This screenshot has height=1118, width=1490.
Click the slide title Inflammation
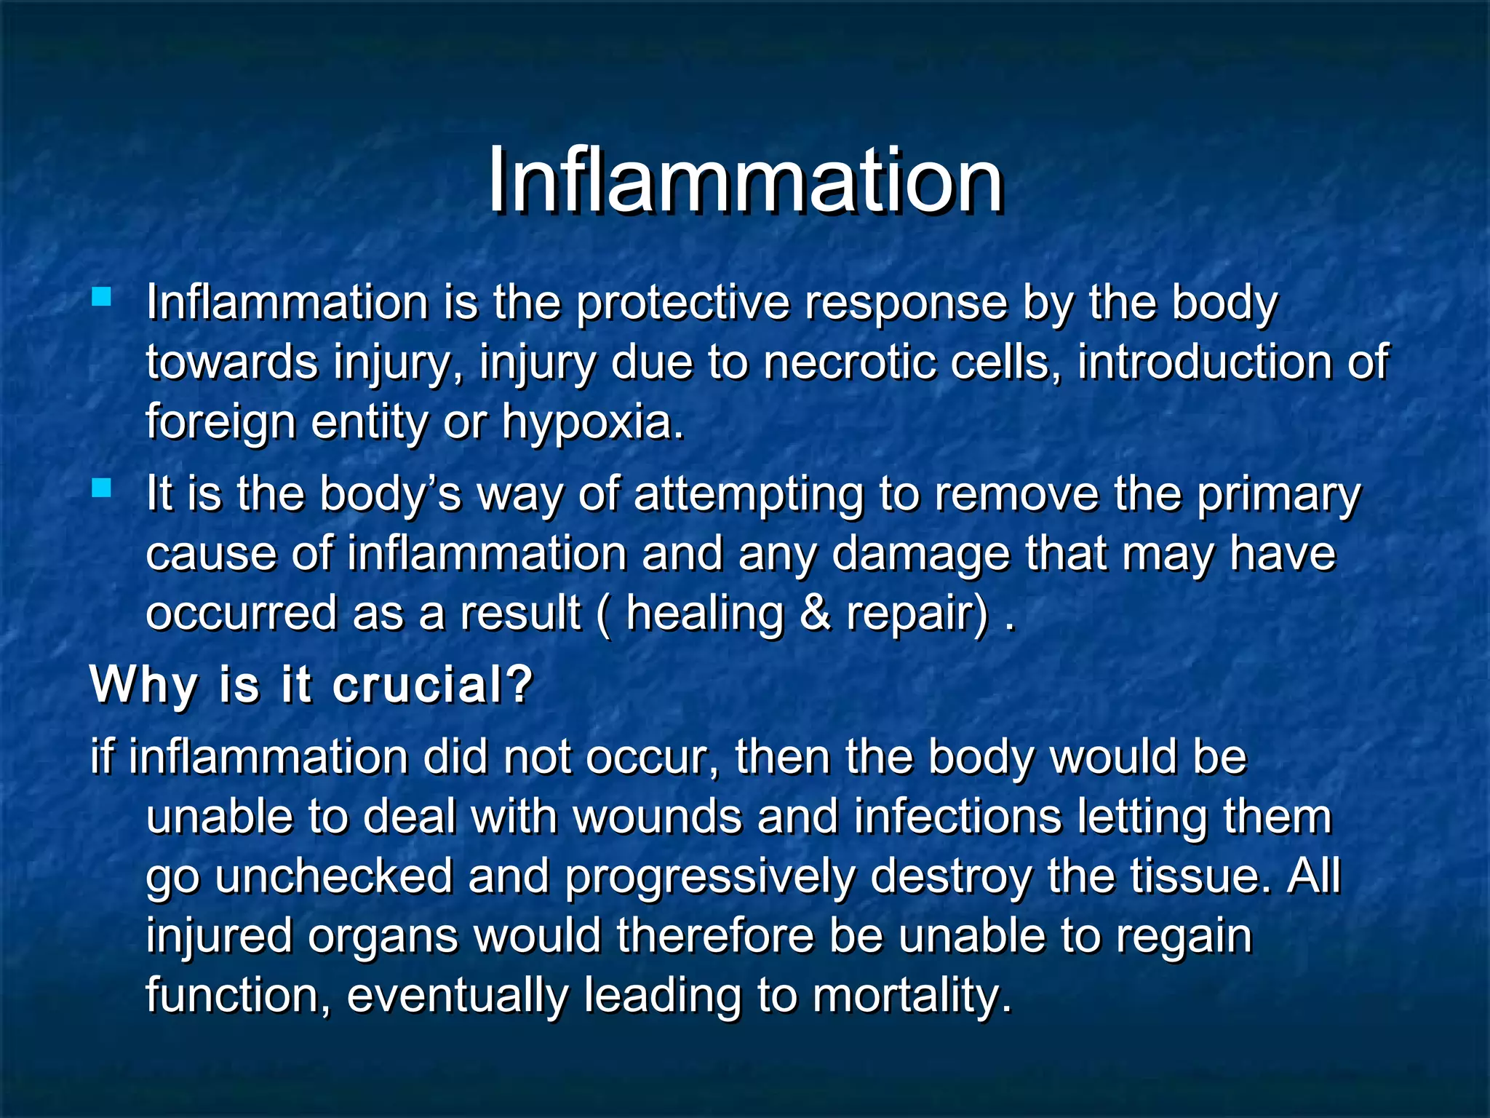click(x=745, y=180)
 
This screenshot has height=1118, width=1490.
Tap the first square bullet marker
click(x=102, y=296)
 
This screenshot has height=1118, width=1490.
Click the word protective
click(x=682, y=303)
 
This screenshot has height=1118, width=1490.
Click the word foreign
click(x=220, y=423)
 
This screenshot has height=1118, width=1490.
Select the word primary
click(x=1278, y=495)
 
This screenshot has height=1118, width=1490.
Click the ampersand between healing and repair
click(x=815, y=613)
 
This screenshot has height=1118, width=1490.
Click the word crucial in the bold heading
click(x=432, y=685)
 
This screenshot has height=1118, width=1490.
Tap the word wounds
click(x=658, y=817)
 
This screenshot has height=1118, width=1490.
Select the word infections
click(x=957, y=817)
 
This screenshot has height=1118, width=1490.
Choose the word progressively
click(x=709, y=876)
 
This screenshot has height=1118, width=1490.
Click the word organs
click(x=383, y=936)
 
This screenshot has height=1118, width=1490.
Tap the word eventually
click(x=458, y=996)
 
